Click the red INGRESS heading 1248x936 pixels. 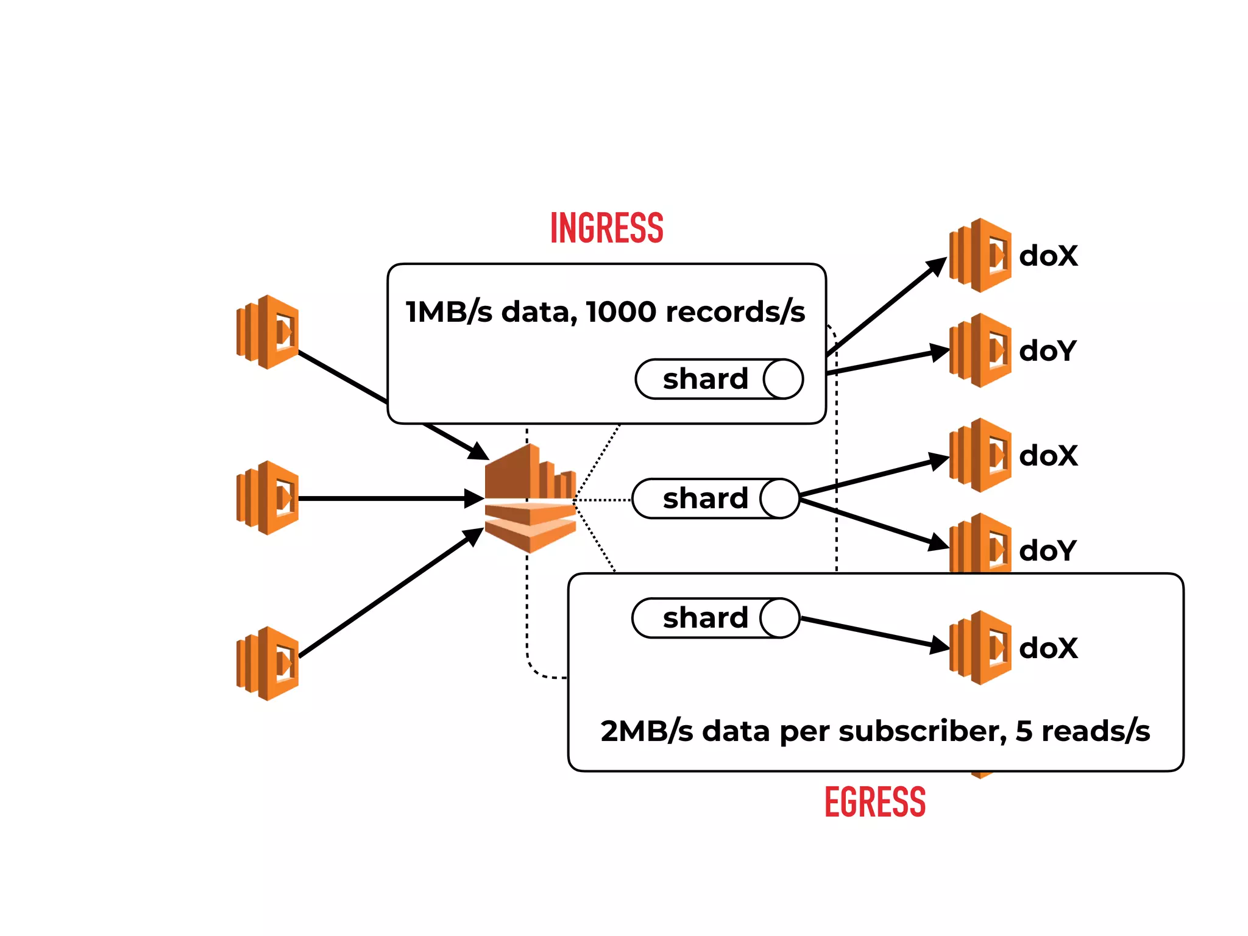(x=606, y=228)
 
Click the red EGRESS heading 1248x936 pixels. (x=874, y=802)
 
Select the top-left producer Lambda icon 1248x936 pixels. (x=268, y=332)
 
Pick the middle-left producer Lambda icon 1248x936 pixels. (x=268, y=498)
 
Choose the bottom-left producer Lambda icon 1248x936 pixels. (x=268, y=664)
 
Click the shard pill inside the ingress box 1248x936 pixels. (x=719, y=379)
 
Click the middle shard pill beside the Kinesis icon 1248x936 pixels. (x=715, y=498)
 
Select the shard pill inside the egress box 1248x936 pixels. (x=715, y=618)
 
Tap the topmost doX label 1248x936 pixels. (x=1048, y=256)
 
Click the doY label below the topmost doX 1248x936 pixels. (x=1048, y=351)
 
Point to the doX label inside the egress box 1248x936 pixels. (x=1048, y=648)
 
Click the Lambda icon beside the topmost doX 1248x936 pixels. (x=980, y=255)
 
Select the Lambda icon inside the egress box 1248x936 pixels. (x=980, y=648)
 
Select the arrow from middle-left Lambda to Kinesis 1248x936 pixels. (x=390, y=498)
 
